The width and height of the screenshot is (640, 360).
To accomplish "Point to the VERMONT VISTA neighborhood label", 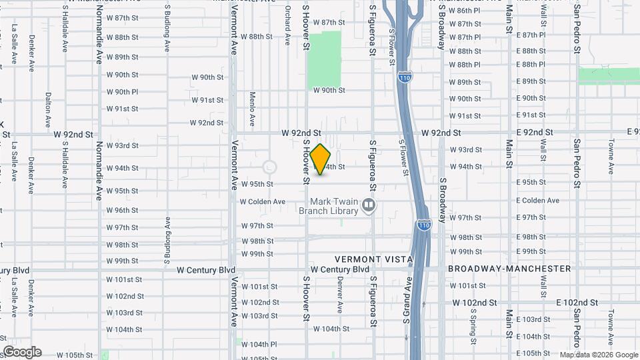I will coord(374,259).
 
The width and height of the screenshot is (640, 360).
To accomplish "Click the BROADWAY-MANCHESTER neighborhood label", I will coord(509,269).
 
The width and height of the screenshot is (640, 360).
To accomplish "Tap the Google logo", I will coord(21,352).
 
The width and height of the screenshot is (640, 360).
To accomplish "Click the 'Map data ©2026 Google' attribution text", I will coord(598,355).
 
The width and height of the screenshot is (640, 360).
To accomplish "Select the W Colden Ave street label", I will coord(263,201).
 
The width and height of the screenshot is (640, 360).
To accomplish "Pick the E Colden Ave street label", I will coord(537,201).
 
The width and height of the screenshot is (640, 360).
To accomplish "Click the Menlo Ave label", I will coord(253,109).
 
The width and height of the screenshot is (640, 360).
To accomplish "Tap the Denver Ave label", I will coord(340,297).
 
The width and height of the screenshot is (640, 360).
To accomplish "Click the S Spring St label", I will coord(472,323).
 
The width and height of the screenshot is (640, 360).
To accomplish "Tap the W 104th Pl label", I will coord(259,344).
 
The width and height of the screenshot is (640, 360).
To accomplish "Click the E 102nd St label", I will coord(577,302).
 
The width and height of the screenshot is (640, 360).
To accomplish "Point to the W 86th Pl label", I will coord(464,11).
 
